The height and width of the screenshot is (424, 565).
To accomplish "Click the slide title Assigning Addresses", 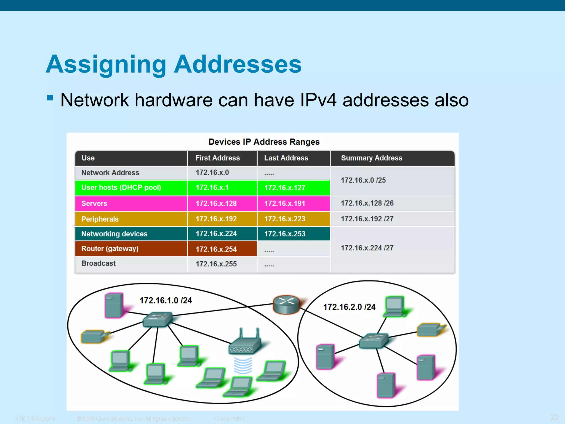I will pyautogui.click(x=174, y=64).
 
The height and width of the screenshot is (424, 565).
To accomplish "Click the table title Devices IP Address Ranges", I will pyautogui.click(x=264, y=142).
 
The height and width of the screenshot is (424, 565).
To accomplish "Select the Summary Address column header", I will pyautogui.click(x=371, y=158).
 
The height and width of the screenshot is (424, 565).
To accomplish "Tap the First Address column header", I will pyautogui.click(x=217, y=158).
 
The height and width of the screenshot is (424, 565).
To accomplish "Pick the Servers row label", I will pyautogui.click(x=94, y=204).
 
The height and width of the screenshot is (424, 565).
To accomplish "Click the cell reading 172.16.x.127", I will pyautogui.click(x=285, y=188).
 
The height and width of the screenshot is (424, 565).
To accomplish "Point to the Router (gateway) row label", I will pyautogui.click(x=110, y=249).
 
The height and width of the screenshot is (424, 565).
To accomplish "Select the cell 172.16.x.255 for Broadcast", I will pyautogui.click(x=216, y=264).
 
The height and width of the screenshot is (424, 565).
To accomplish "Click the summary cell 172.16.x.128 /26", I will pyautogui.click(x=367, y=203).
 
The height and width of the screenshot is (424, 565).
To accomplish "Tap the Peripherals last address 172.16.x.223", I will pyautogui.click(x=285, y=219).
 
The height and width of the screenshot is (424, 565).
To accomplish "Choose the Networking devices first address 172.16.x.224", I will pyautogui.click(x=216, y=234).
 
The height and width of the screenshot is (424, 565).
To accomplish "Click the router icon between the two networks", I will pyautogui.click(x=286, y=305).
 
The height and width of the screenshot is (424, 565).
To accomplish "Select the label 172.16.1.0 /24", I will pyautogui.click(x=166, y=301).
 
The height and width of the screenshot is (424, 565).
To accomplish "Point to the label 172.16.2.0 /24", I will pyautogui.click(x=349, y=307).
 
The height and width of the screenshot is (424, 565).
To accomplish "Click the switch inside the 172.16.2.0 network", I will pyautogui.click(x=374, y=341).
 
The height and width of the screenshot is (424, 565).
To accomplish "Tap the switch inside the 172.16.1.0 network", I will pyautogui.click(x=158, y=320).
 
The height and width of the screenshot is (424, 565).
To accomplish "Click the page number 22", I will pyautogui.click(x=554, y=417).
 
